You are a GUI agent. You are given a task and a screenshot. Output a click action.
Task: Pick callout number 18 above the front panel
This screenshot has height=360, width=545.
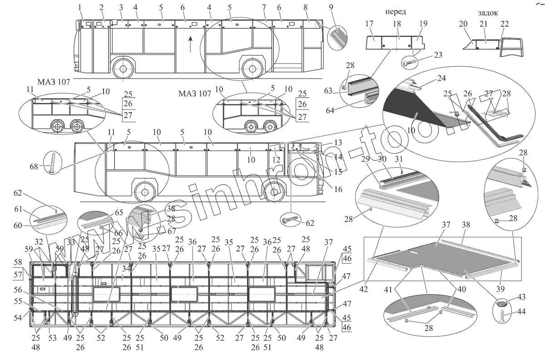click(x=397, y=23)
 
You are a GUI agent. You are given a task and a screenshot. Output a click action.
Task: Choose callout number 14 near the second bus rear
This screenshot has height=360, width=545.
click(x=338, y=156)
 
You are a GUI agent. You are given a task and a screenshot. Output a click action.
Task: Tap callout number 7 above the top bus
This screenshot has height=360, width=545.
click(x=264, y=8)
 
